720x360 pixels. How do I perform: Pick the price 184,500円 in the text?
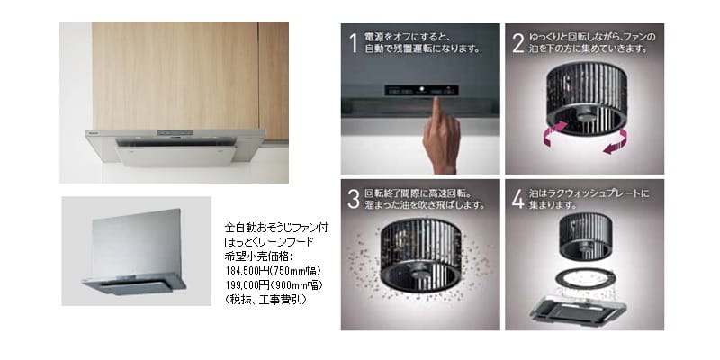(x=247, y=270)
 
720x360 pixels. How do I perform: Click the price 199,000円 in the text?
(x=247, y=284)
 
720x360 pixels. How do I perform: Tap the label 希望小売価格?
(x=254, y=256)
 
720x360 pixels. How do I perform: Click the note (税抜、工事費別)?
(x=265, y=299)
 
